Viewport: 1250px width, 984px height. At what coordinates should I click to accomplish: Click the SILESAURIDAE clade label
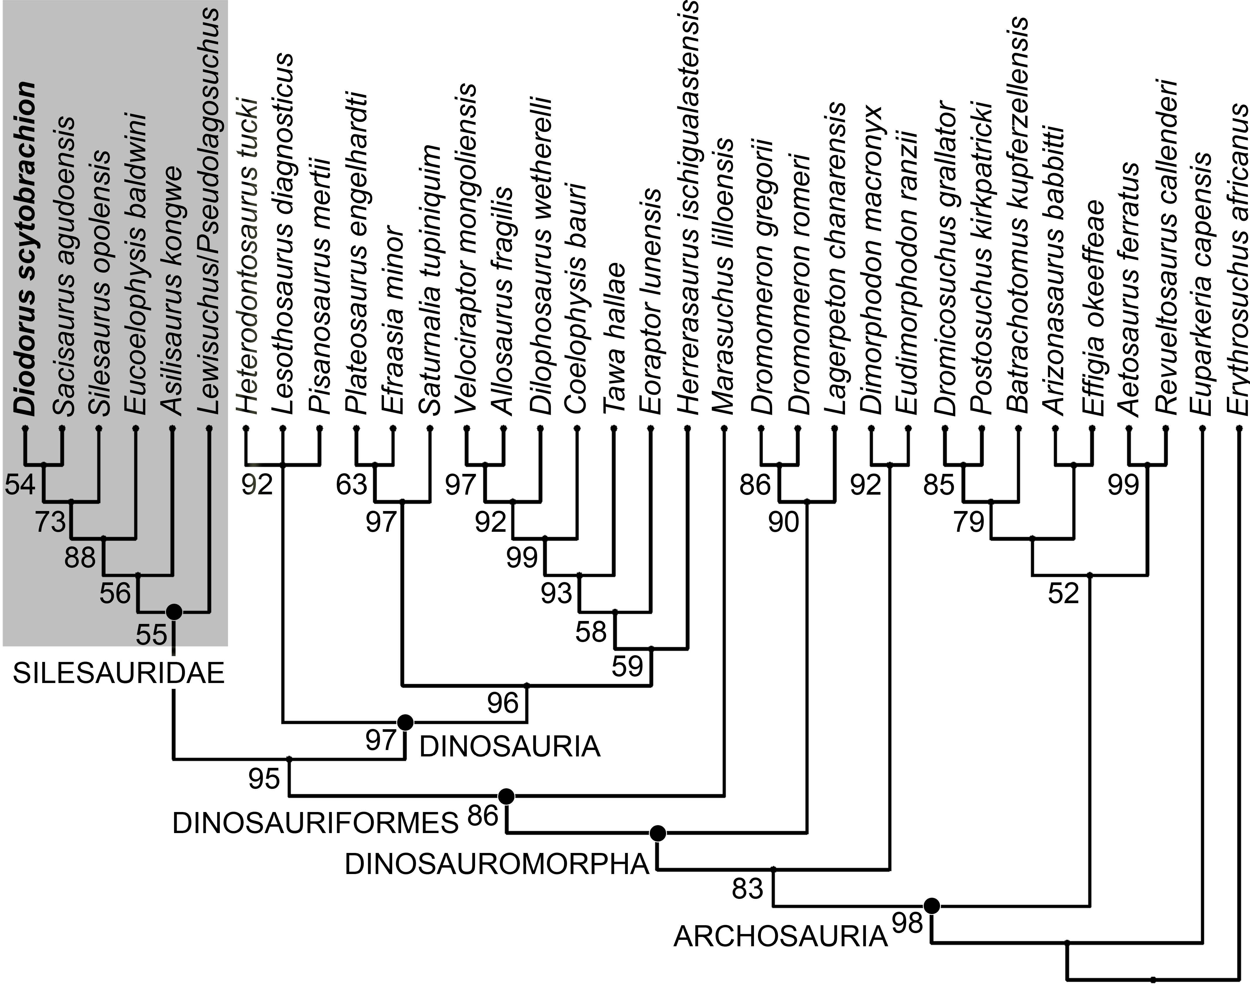118,673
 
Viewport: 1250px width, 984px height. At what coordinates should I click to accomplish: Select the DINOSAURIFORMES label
315,824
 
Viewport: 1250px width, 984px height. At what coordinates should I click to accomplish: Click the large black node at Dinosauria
406,722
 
